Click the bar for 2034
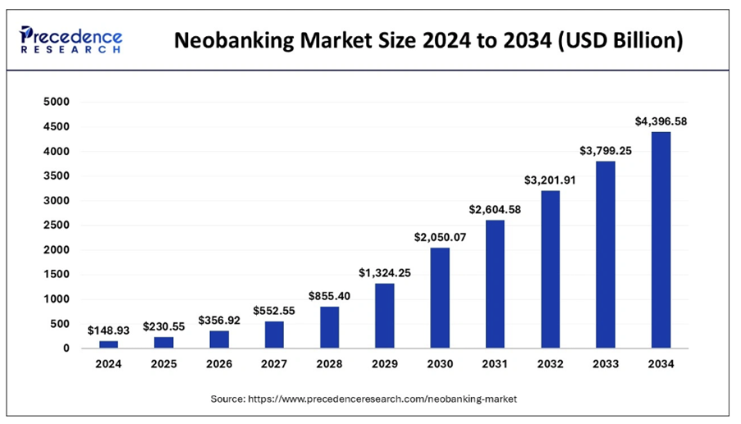pos(661,239)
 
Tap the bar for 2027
pos(274,335)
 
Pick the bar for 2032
pos(550,269)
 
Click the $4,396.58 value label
pos(661,121)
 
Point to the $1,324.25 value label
pos(384,272)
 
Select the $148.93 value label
pos(108,330)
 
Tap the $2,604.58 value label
pos(495,210)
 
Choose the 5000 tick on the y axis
pos(57,103)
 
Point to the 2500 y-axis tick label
pos(57,226)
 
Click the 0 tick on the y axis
pos(66,349)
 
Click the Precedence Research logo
pos(71,39)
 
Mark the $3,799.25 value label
pos(606,150)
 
